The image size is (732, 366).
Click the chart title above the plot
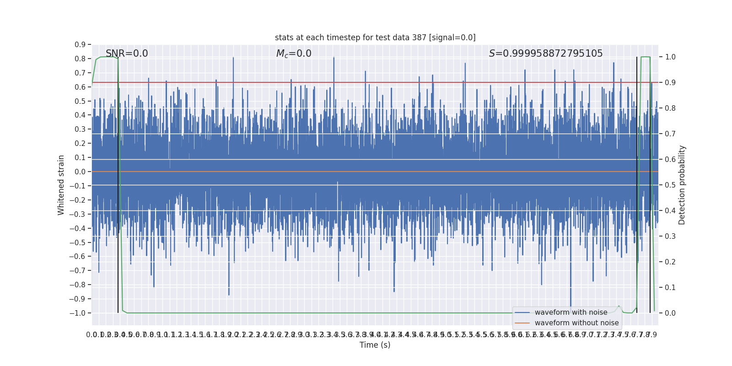click(375, 38)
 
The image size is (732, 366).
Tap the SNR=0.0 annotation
click(127, 54)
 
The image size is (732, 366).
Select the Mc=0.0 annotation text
click(294, 54)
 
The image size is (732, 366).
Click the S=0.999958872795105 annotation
click(546, 54)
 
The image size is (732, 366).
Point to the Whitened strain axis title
click(61, 185)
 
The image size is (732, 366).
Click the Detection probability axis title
click(682, 185)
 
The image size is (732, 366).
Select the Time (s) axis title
click(375, 345)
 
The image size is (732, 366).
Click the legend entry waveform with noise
click(571, 312)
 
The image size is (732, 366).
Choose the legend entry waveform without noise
click(576, 323)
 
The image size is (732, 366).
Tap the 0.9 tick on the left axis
click(80, 45)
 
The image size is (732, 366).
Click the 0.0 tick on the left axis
click(80, 172)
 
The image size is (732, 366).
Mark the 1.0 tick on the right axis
click(670, 57)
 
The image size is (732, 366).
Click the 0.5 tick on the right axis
click(670, 185)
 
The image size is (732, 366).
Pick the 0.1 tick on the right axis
click(670, 288)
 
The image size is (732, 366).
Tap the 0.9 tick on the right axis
click(670, 83)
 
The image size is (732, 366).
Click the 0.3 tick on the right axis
click(670, 237)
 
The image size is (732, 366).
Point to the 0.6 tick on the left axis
click(80, 87)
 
